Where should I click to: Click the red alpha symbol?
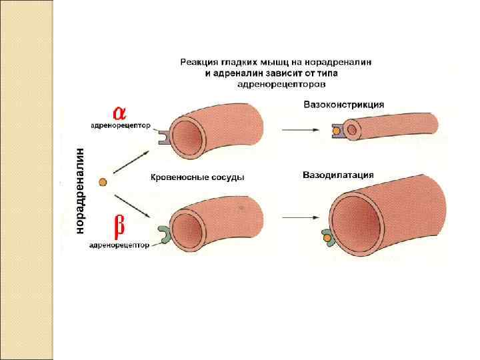point(119,112)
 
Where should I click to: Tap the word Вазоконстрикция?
point(343,105)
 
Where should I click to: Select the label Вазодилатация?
point(338,175)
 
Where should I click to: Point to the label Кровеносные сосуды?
point(197,177)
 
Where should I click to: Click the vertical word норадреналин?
point(81,191)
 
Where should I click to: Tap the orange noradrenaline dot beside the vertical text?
point(102,181)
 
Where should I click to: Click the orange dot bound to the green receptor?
point(327,236)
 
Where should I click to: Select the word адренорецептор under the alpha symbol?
point(121,125)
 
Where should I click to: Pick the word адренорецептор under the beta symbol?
point(119,245)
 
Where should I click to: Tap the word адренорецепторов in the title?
point(281,85)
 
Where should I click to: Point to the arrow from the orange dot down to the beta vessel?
point(131,204)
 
